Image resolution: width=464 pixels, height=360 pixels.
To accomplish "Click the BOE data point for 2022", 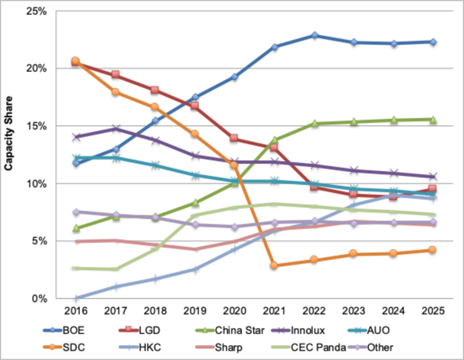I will (314, 35).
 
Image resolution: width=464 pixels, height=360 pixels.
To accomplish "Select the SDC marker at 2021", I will (275, 265).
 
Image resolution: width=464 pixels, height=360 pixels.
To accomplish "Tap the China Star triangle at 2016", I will (76, 228).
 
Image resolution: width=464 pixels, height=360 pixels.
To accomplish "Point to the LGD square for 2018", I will (155, 90).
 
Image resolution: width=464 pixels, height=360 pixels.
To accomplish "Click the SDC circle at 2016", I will (76, 60).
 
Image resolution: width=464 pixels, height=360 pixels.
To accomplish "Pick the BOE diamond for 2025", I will (433, 42).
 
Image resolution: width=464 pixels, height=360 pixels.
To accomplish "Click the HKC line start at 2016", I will (76, 298).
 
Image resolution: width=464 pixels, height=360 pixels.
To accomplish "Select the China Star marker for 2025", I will (433, 120).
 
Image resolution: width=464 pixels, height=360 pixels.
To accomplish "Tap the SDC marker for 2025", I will (433, 250).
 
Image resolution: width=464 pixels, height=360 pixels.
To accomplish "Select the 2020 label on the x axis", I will (235, 311).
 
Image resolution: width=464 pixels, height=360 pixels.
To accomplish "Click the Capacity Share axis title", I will (8, 134).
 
